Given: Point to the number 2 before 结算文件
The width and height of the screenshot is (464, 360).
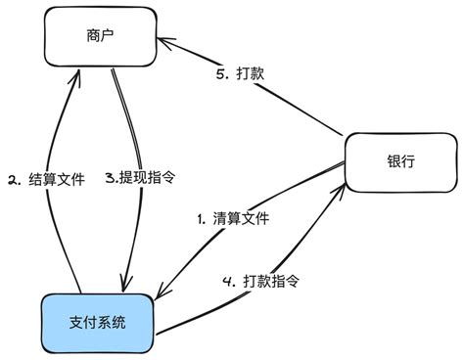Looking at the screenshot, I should coord(14,179).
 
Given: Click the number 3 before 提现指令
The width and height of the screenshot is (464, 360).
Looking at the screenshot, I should coord(110,179).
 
